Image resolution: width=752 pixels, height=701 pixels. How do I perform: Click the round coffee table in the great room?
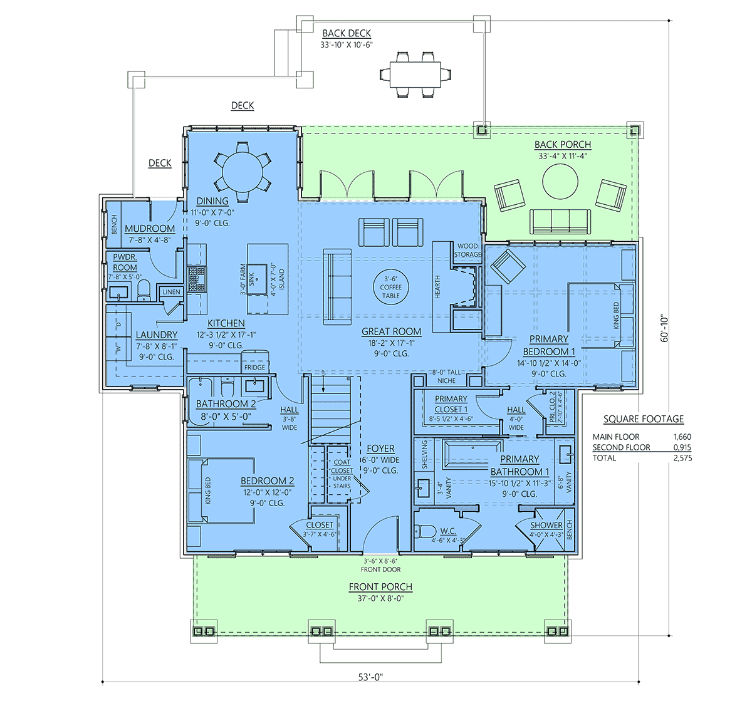[x=391, y=287]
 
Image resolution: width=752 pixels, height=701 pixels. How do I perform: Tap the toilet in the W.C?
[x=426, y=531]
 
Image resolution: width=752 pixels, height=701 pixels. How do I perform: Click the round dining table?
[x=243, y=172]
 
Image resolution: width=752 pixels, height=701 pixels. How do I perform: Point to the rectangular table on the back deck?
[x=415, y=75]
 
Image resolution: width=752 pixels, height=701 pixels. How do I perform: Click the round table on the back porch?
[x=560, y=181]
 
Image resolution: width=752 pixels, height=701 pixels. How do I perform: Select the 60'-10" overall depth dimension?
[x=664, y=328]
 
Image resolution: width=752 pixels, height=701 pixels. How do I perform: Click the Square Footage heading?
[x=644, y=419]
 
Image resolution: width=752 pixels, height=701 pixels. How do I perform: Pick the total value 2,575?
[x=682, y=458]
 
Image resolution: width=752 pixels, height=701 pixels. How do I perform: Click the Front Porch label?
[x=380, y=586]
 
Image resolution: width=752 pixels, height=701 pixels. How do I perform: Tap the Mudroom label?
[x=150, y=229]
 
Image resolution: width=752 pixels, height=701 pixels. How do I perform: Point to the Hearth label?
[x=437, y=287]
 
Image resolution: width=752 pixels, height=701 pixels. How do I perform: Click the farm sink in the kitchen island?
[x=257, y=279]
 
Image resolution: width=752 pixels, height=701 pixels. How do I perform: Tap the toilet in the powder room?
[x=143, y=290]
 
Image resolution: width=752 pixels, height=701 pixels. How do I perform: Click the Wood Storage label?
[x=467, y=250]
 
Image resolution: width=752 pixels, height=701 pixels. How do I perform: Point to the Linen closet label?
[x=172, y=291]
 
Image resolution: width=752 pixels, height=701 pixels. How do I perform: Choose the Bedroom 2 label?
[x=268, y=481]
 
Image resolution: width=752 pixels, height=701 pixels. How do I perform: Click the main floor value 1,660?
[x=682, y=437]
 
